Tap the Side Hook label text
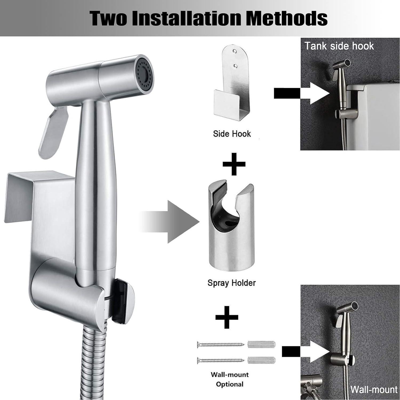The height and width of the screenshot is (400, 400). [x=232, y=134]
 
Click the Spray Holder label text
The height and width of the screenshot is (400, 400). [x=231, y=283]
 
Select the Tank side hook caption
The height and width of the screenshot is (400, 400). [x=339, y=46]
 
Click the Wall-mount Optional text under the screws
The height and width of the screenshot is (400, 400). [x=230, y=379]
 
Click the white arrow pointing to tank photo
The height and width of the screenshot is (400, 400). [x=317, y=93]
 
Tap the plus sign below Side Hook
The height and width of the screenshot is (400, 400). [x=234, y=164]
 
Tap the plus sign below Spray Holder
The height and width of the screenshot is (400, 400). [x=227, y=317]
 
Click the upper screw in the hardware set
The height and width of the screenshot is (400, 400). [x=221, y=344]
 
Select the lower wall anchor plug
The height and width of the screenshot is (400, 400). [x=261, y=360]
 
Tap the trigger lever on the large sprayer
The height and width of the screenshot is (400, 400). [x=53, y=133]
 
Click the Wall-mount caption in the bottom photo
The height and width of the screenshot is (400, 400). [x=374, y=389]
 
